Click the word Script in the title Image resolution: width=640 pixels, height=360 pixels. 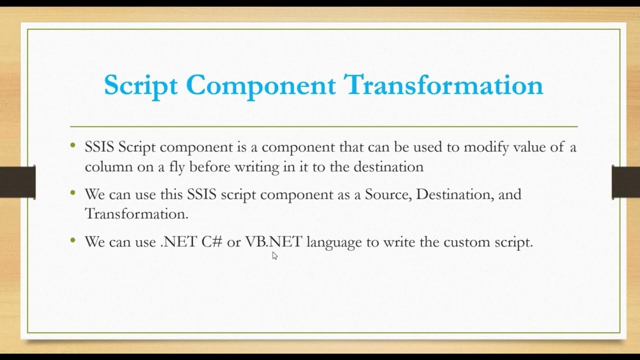pos(140,85)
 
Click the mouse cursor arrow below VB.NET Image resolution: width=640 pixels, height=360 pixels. pos(274,256)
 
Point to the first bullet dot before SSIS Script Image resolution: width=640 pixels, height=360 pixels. pos(73,146)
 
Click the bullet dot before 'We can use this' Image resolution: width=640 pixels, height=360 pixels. pos(73,193)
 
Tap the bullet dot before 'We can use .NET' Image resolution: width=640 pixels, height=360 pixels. pos(73,240)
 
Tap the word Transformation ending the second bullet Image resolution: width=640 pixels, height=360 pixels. pos(136,214)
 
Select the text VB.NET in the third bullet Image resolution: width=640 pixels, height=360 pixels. pos(273,242)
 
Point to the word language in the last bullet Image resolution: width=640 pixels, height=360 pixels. pos(333,242)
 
